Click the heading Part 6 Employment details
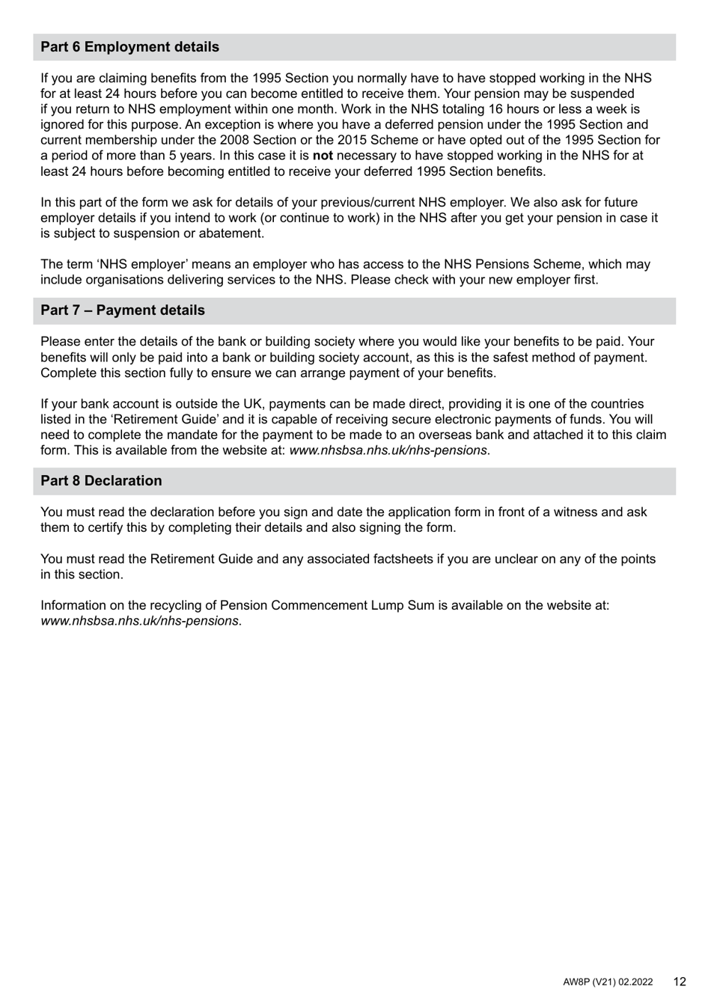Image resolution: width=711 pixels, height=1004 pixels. tap(129, 47)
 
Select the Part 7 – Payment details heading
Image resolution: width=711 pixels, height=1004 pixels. tap(122, 310)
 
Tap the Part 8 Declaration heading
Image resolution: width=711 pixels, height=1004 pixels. tap(101, 481)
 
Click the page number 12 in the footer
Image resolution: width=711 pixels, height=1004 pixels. tap(679, 982)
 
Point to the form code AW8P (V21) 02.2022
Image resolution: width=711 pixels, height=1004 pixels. tap(608, 982)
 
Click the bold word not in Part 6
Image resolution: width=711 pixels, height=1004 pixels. tap(323, 156)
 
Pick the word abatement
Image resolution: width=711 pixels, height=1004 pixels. tap(231, 233)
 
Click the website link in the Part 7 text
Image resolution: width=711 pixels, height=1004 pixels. tap(388, 451)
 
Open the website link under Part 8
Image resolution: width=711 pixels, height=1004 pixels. tap(139, 621)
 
